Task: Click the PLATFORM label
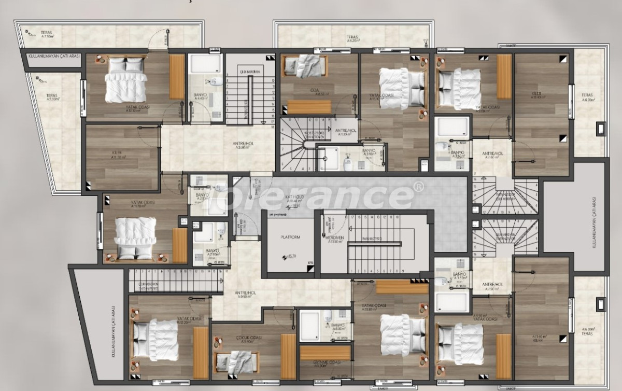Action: point(290,237)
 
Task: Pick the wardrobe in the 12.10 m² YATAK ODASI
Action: point(177,77)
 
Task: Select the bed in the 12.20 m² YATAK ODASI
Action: point(155,338)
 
